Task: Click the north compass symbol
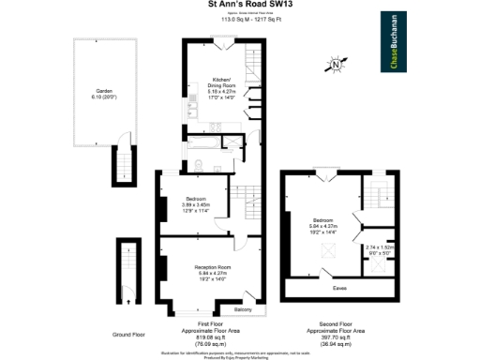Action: pos(338,65)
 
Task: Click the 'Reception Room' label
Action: pos(212,272)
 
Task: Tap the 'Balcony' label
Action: pos(243,310)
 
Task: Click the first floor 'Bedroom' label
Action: pos(196,202)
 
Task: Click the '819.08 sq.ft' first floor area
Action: pos(211,338)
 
